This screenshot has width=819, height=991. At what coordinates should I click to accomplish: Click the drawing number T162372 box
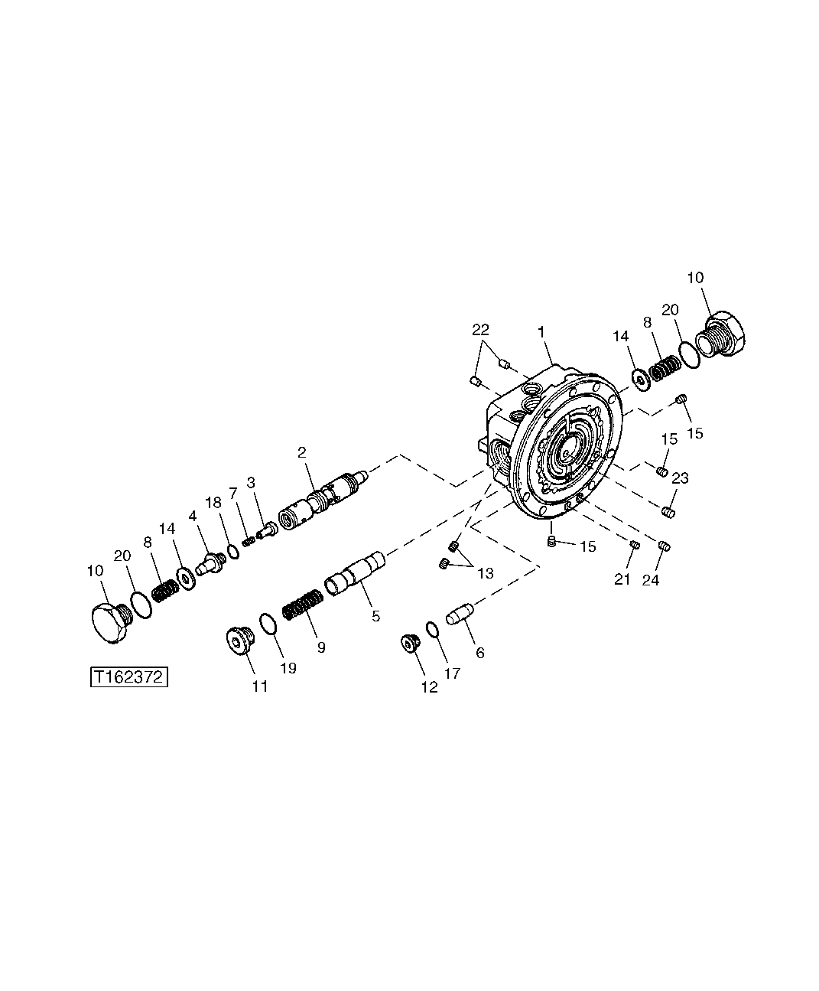point(128,677)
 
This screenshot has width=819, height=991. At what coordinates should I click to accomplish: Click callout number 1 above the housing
point(541,332)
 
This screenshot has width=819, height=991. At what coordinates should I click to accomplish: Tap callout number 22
point(481,329)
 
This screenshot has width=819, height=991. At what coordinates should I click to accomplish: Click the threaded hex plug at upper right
point(723,335)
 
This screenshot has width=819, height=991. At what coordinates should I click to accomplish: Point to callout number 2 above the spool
point(302,452)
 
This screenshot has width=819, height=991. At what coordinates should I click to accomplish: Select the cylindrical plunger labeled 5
point(356,576)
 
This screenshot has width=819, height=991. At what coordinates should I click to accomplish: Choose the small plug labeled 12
point(411,644)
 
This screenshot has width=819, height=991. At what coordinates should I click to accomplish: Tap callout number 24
point(650,580)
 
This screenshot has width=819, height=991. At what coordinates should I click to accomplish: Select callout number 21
point(622,580)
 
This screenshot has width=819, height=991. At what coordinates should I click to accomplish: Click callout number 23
point(680,478)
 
